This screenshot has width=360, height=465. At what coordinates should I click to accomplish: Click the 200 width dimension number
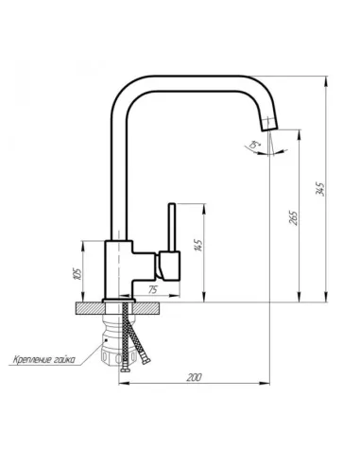tap(195, 378)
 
